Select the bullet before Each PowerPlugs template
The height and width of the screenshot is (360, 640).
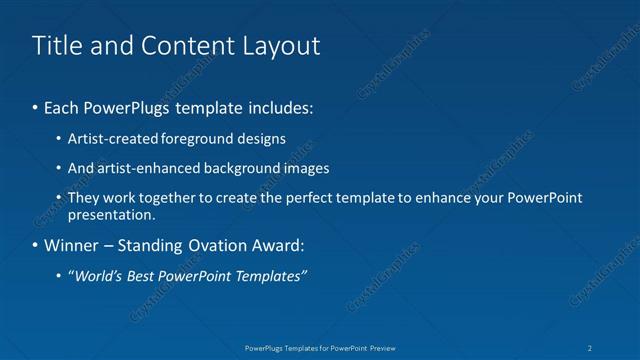click(x=37, y=105)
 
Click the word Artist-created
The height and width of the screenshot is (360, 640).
click(x=107, y=138)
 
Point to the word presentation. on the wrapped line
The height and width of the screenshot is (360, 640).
click(x=111, y=214)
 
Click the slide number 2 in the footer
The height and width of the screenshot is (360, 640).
click(x=590, y=348)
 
